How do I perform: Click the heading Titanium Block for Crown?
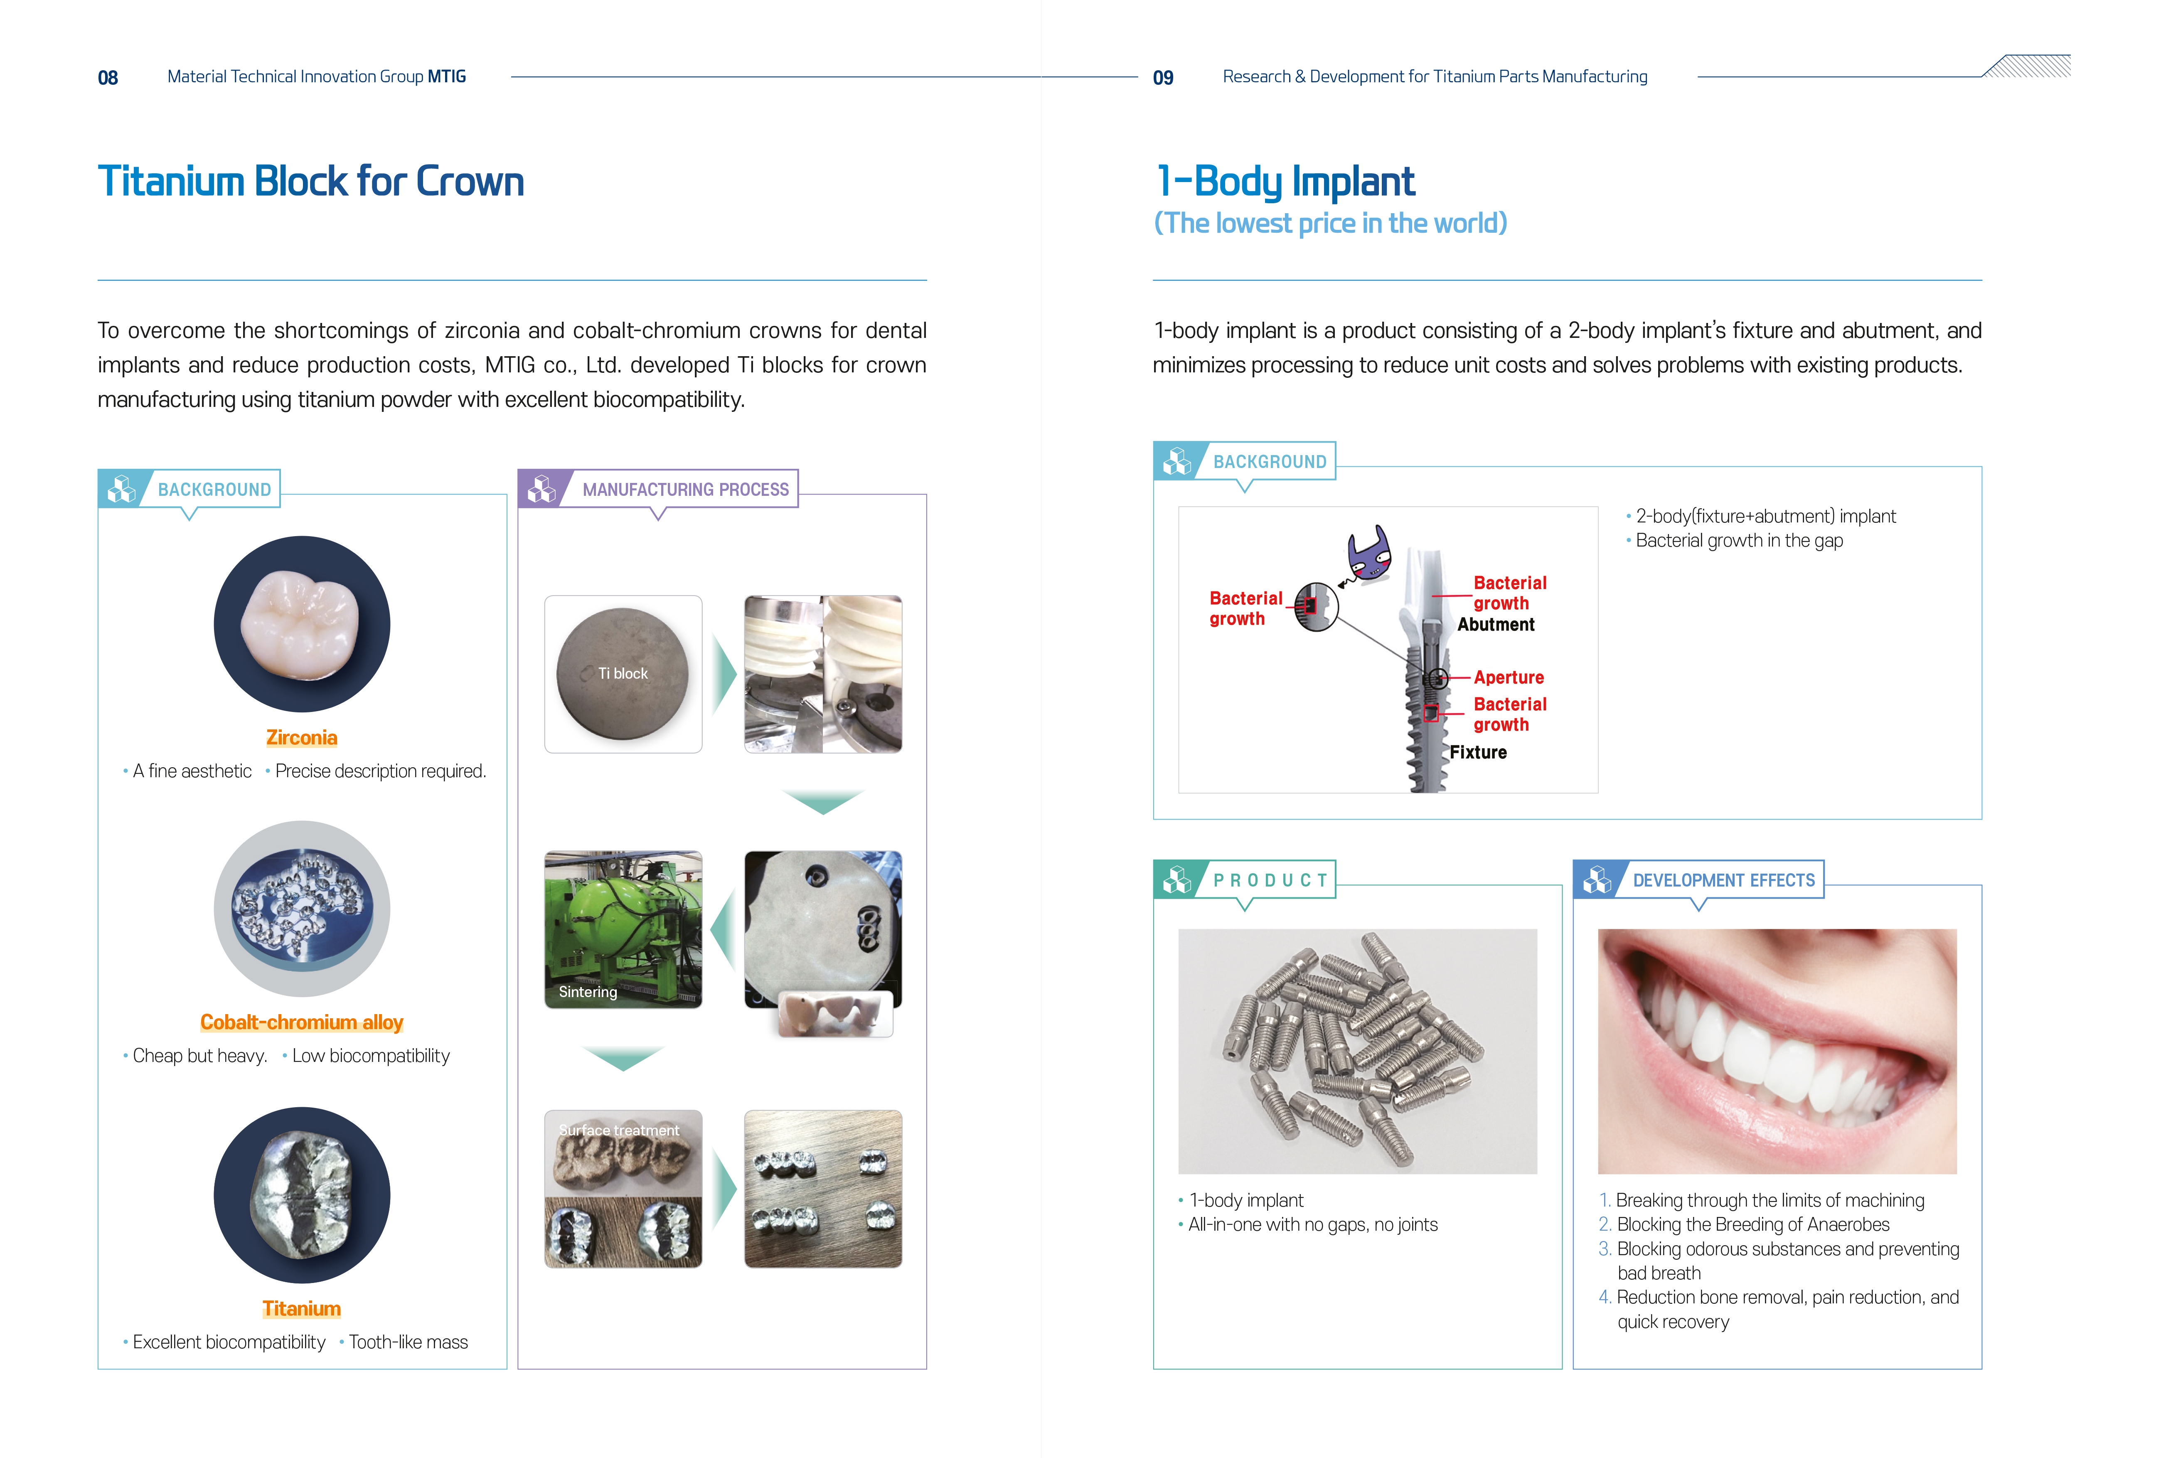310,181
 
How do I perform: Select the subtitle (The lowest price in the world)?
1330,223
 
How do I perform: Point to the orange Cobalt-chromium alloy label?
301,1022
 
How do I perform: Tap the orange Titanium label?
301,1308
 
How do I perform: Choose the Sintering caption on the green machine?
588,992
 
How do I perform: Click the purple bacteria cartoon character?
1369,553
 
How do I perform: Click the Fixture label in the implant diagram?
1478,752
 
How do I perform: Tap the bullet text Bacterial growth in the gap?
1739,540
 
